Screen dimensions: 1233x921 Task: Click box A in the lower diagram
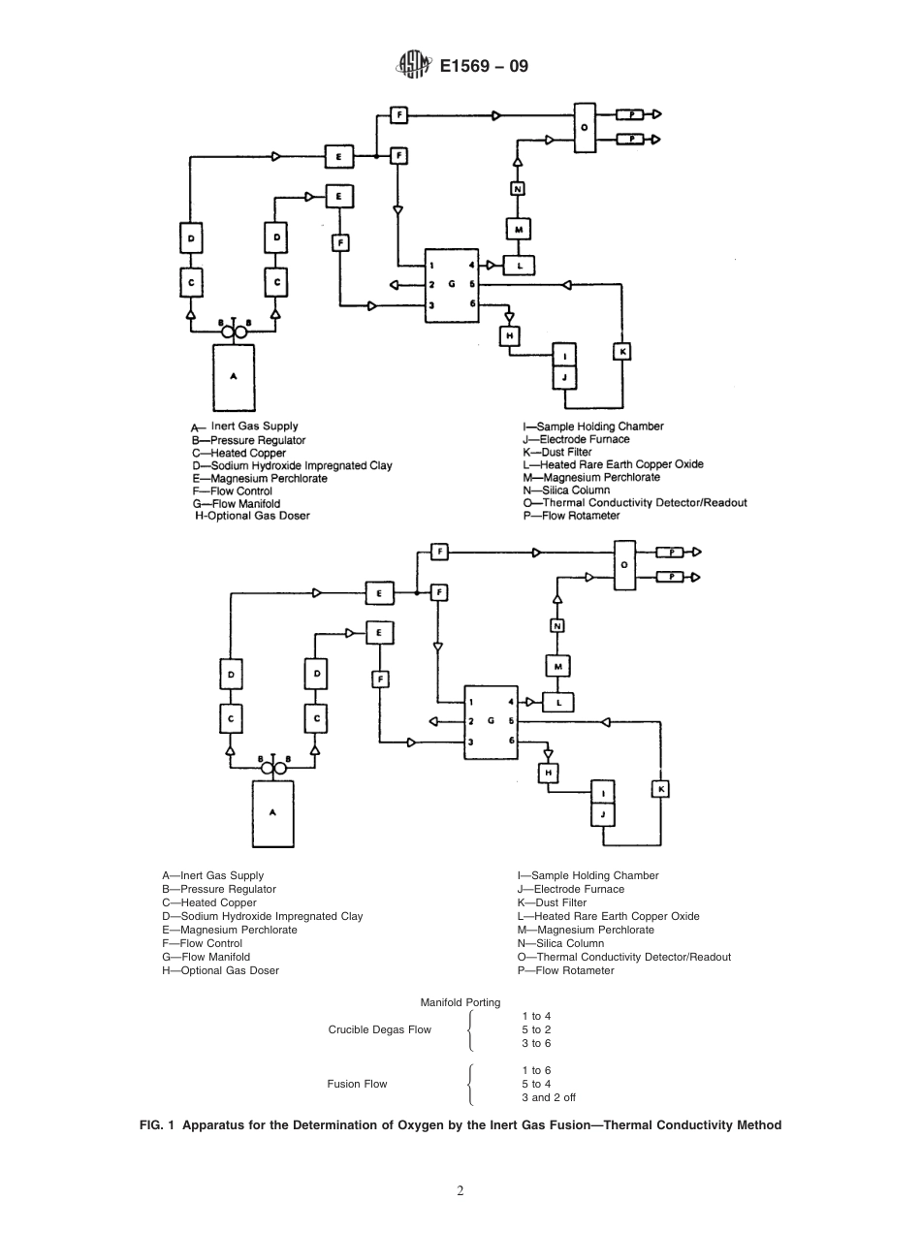click(272, 814)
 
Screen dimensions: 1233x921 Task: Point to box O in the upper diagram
click(584, 127)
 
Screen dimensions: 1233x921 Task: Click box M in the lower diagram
click(557, 666)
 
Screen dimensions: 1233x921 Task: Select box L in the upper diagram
click(520, 264)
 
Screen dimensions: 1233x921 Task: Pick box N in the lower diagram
click(557, 626)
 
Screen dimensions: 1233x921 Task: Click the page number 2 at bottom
click(460, 1190)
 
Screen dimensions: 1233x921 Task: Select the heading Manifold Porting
click(460, 1002)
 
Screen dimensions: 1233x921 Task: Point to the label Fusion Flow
click(358, 1084)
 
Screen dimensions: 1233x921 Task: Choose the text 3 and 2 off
click(548, 1097)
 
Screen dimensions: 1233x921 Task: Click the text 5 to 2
click(535, 1029)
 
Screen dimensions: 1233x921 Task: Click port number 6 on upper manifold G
click(471, 304)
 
